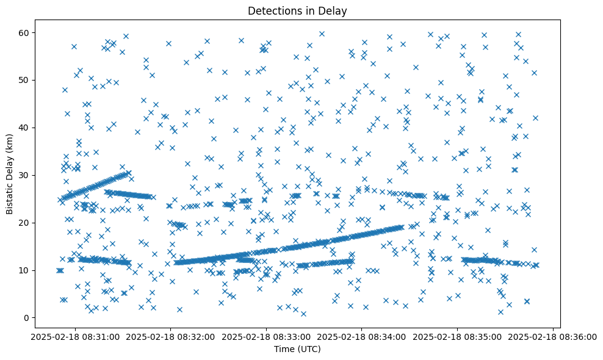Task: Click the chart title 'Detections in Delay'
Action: pos(297,10)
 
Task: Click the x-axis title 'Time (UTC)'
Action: pos(297,349)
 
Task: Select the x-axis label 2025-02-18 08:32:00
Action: pos(170,336)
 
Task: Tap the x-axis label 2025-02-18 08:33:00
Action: pos(265,336)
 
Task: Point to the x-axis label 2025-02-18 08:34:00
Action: pos(361,336)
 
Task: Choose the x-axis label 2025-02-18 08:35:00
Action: pos(457,336)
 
